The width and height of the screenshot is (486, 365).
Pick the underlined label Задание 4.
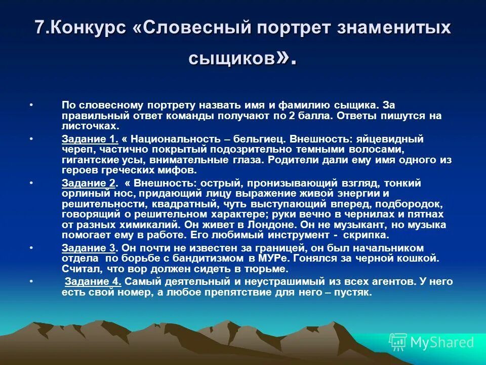click(x=93, y=281)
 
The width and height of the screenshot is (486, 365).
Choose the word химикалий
click(x=137, y=225)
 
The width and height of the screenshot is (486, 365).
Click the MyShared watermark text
click(x=441, y=343)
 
